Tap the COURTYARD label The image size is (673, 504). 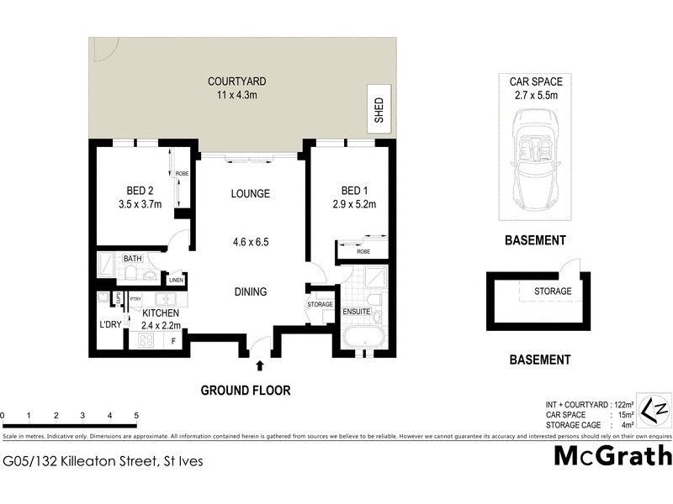[237, 81]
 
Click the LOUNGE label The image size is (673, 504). [251, 194]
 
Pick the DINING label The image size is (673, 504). [251, 292]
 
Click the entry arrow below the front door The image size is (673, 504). [260, 365]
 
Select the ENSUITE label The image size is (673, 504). [357, 312]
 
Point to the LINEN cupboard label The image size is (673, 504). [176, 280]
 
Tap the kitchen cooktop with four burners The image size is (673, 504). [143, 341]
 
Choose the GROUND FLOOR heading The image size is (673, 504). [245, 391]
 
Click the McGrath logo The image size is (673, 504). [612, 456]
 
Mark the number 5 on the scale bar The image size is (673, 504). [136, 416]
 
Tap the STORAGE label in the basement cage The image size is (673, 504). [553, 291]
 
